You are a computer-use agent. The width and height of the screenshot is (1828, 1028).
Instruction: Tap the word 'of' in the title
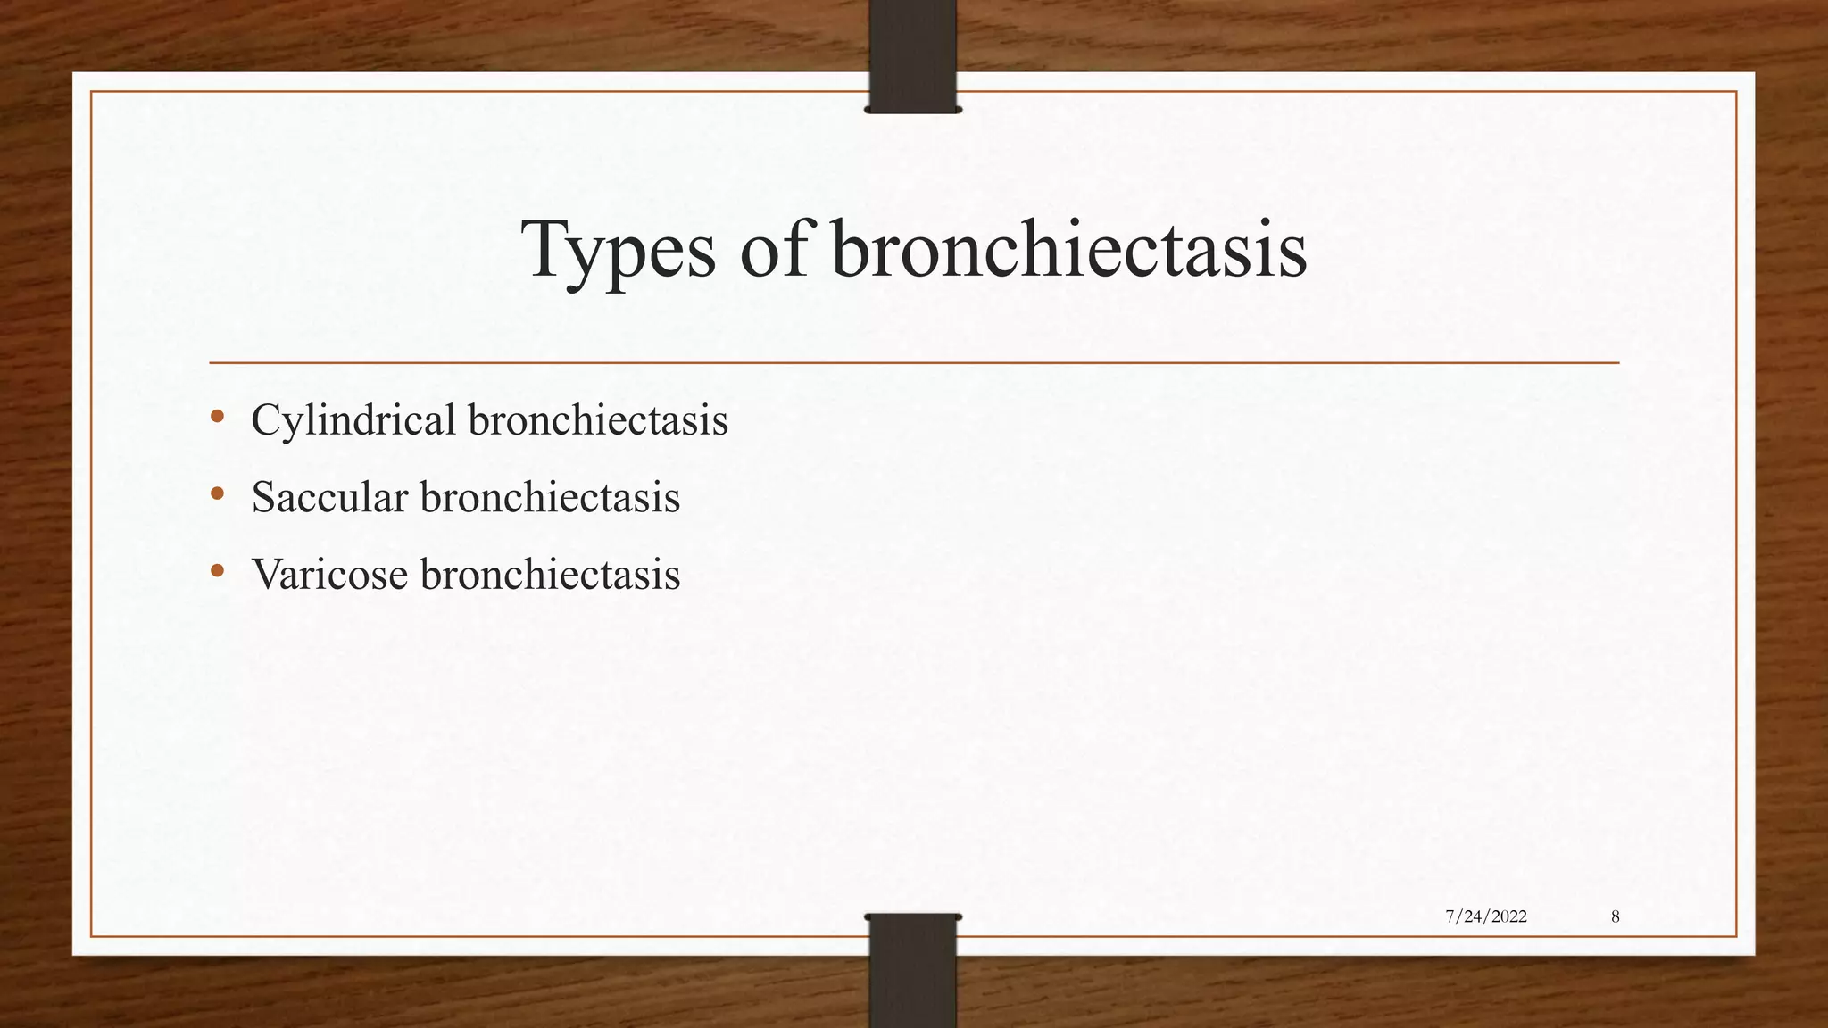775,250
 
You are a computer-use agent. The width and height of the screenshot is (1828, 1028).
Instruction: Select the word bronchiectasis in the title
1069,250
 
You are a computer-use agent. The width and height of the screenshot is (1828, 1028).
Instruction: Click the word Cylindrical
353,420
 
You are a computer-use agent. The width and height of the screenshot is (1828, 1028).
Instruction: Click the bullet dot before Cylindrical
217,417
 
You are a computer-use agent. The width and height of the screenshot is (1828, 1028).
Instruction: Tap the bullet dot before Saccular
217,493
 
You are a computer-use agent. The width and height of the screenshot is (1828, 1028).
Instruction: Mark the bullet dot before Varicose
217,570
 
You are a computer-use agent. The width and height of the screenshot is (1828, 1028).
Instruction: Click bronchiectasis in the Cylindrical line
597,420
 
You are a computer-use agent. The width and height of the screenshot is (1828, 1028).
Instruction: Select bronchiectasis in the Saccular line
550,497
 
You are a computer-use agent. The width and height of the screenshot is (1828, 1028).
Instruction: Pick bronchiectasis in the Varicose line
550,574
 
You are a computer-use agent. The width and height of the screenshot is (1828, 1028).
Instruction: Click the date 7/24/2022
1485,916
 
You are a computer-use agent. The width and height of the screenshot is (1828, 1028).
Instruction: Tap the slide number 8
1616,916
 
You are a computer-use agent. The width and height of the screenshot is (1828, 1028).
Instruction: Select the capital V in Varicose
267,574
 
